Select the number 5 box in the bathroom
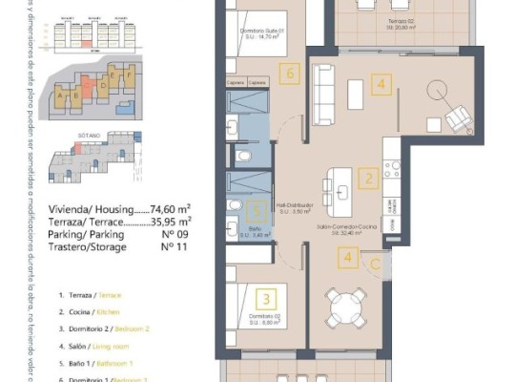click(255, 211)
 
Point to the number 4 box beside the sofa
click(381, 85)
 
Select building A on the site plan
click(62, 95)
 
